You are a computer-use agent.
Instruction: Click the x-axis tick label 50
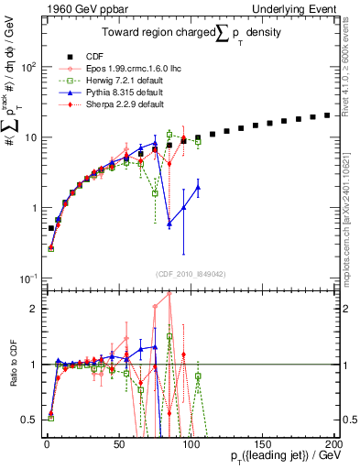118,442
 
